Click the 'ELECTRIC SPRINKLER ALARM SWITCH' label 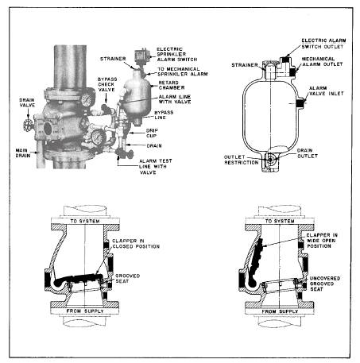point(177,54)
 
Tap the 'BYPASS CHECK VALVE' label point(107,84)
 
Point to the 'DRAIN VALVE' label point(27,102)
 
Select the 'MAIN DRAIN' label point(23,153)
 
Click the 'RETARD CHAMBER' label point(172,85)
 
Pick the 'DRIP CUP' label point(152,133)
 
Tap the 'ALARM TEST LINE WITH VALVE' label point(156,167)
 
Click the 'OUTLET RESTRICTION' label point(242,160)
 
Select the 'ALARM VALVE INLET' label point(327,91)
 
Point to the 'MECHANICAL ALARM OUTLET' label point(323,61)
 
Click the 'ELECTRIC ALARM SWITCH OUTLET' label point(323,44)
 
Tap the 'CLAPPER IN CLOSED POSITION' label point(136,244)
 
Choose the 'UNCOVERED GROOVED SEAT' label point(325,284)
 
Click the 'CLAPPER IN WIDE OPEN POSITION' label point(322,241)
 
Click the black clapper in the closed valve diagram point(78,280)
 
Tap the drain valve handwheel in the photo point(28,126)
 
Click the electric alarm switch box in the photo point(142,56)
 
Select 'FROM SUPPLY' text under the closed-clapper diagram point(85,311)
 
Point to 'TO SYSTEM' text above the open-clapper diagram point(280,222)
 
